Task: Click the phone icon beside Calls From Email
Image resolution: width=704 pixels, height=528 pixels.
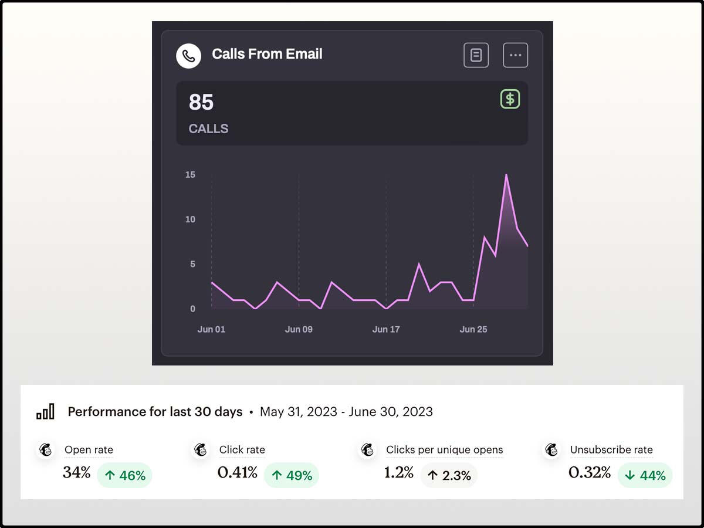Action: tap(188, 56)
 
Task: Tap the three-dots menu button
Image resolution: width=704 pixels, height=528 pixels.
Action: tap(515, 55)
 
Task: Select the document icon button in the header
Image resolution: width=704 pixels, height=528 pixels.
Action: tap(476, 55)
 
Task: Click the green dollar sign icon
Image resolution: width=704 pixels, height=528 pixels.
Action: tap(510, 99)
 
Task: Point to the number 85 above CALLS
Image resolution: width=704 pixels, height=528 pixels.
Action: tap(201, 103)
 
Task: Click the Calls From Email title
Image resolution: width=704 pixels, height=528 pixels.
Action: tap(267, 54)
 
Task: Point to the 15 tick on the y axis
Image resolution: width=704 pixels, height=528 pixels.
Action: tap(189, 175)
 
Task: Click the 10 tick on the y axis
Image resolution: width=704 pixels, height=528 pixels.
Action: tap(189, 219)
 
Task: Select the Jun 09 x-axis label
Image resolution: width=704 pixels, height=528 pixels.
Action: tap(299, 330)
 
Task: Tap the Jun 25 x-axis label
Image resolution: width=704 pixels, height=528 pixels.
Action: tap(473, 330)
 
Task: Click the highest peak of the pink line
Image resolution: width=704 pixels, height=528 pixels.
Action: tap(506, 175)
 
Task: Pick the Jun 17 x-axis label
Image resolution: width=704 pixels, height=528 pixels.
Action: tap(386, 330)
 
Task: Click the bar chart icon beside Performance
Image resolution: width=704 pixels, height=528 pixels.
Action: tap(45, 412)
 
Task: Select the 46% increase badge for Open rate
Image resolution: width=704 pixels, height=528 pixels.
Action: tap(124, 475)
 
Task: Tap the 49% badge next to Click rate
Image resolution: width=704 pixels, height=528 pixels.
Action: tap(292, 475)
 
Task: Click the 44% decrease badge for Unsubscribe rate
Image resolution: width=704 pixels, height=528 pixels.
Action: tap(645, 475)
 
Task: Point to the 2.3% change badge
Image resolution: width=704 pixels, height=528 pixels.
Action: tap(449, 475)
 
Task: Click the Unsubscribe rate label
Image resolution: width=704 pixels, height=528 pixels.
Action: tap(611, 450)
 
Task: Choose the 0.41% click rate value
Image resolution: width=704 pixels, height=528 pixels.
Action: tap(237, 472)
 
